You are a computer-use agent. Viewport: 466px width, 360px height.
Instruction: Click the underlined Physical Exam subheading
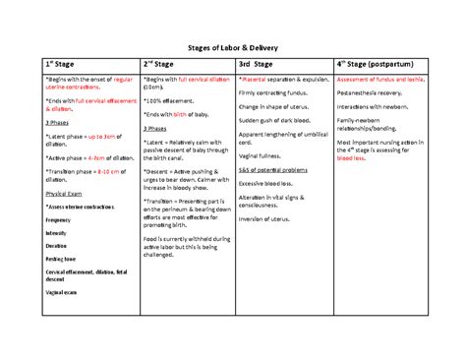click(65, 195)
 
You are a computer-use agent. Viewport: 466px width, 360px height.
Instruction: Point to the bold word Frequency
click(60, 221)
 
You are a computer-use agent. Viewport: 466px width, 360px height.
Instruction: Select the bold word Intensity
click(58, 233)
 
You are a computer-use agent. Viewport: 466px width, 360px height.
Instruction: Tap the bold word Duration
click(57, 246)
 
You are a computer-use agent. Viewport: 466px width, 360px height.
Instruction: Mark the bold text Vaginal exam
click(64, 292)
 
